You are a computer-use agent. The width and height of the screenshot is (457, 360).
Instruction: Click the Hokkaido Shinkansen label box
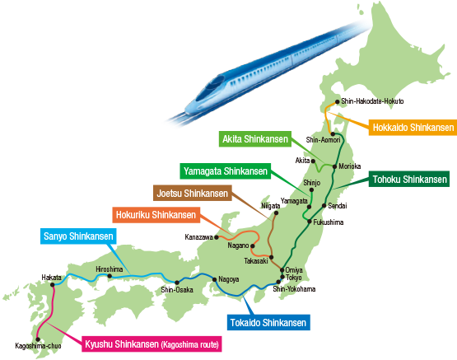[x=413, y=128]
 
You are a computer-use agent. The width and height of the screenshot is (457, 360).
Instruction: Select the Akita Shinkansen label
[x=253, y=139]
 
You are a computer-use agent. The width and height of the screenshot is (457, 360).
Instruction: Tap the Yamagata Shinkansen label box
[x=225, y=171]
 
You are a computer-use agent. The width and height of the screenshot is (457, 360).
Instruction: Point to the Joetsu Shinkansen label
[x=192, y=194]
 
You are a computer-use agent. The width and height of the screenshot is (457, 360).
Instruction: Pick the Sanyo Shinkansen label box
[x=78, y=237]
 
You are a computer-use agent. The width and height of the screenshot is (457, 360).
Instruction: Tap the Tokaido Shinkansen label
[x=268, y=323]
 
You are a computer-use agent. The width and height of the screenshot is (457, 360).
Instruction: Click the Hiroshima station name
[x=110, y=269]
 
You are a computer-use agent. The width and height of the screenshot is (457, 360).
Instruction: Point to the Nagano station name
[x=238, y=244]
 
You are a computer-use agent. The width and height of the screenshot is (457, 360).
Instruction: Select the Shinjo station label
[x=311, y=183]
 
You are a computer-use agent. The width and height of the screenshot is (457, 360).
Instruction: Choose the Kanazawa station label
[x=198, y=237]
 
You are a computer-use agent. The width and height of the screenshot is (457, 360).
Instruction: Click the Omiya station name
[x=294, y=269]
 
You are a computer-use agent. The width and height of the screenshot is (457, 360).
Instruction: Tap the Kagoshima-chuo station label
[x=33, y=345]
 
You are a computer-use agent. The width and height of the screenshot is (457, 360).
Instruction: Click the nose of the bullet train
[x=188, y=105]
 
